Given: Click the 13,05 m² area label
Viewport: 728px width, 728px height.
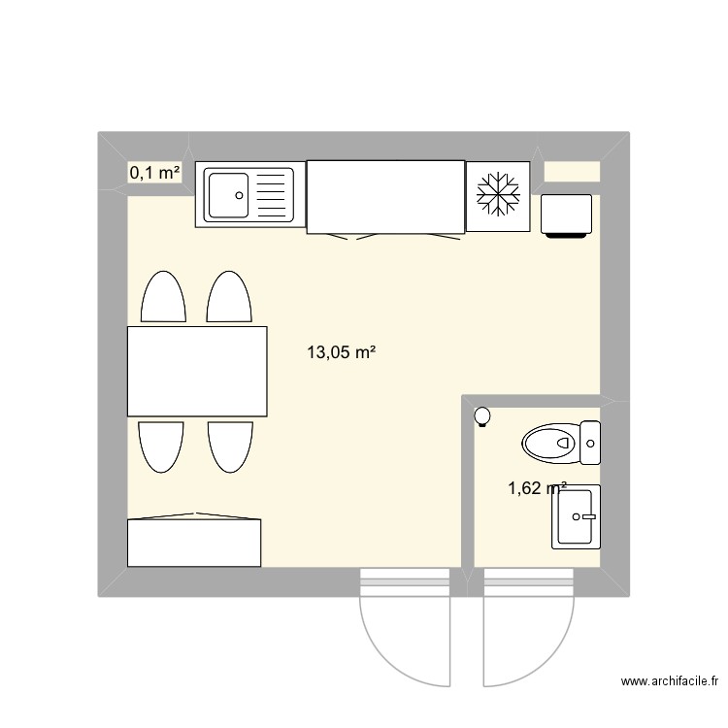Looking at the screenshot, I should [341, 353].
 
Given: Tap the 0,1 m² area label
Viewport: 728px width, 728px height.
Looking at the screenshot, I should [154, 173].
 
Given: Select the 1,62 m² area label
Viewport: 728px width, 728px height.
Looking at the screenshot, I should [537, 489].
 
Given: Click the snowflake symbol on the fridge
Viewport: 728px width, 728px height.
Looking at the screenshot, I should [498, 196].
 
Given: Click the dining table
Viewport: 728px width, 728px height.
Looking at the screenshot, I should [197, 371].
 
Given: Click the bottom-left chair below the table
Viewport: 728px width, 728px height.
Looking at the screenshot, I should [162, 445].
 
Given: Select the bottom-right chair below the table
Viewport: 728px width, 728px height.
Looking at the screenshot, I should [230, 445].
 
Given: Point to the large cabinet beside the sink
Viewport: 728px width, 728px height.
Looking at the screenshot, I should [384, 197].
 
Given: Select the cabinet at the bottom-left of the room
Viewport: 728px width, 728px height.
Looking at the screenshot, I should [194, 542].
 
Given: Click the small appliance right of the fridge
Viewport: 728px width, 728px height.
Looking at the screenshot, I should [566, 215].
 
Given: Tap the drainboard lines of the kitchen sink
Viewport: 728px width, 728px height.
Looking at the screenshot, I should [273, 194].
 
